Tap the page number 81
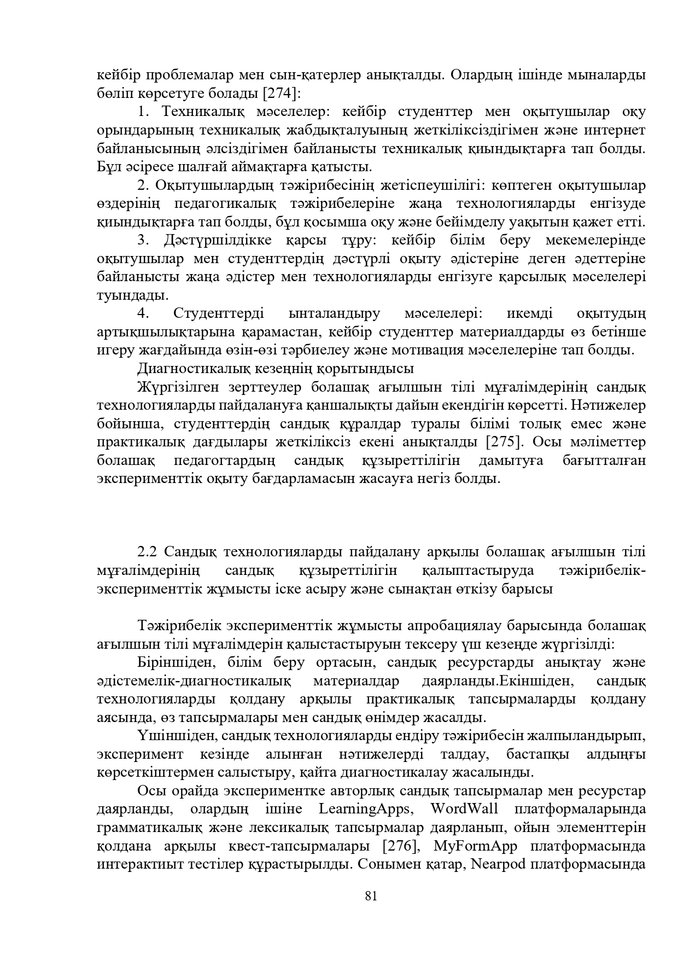(371, 896)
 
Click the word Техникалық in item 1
(202, 112)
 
